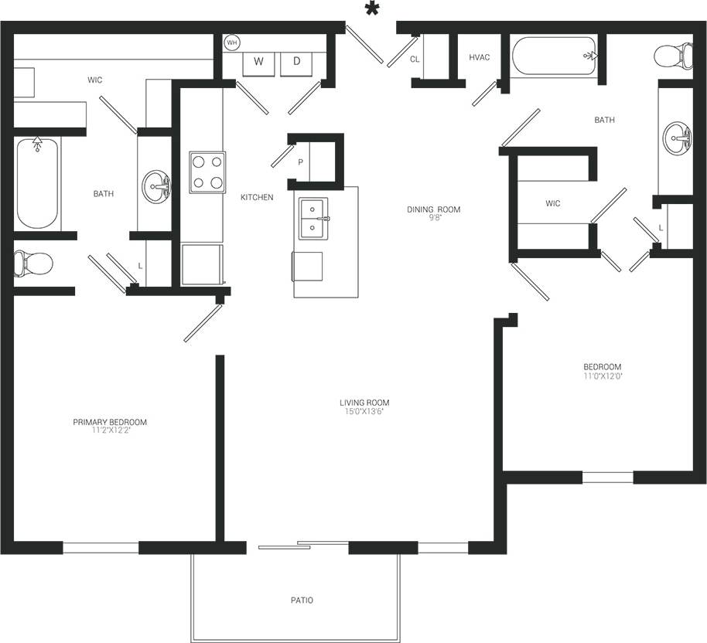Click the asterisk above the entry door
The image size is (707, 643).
[373, 9]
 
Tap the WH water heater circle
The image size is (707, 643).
[232, 43]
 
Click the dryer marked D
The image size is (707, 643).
[296, 62]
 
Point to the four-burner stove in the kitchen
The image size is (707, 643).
[207, 172]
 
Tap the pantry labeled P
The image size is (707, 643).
[300, 162]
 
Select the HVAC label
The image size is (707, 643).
[479, 58]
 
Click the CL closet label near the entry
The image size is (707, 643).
[415, 59]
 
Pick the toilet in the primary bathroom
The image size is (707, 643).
[33, 264]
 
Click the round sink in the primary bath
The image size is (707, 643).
[156, 186]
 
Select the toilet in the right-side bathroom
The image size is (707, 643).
[670, 56]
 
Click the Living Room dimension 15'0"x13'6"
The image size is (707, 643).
[364, 412]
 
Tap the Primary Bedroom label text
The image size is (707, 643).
[110, 422]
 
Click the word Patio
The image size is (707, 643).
[302, 600]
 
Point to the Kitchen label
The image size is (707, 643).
[257, 198]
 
